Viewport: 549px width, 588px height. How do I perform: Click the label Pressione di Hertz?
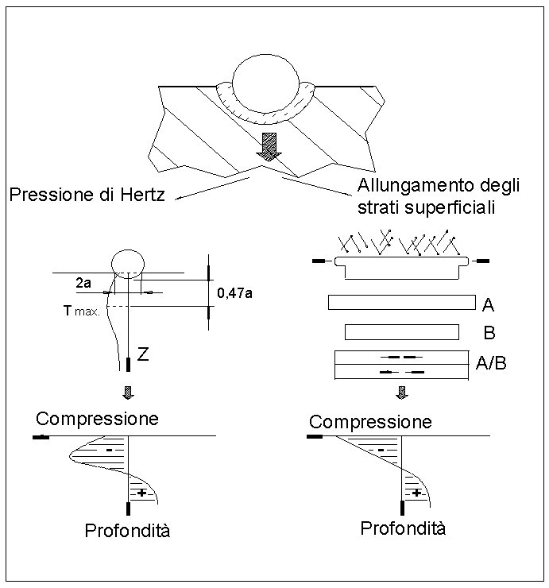coord(87,194)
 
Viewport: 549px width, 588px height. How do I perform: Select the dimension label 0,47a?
coord(235,292)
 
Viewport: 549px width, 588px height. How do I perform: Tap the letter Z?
coord(143,354)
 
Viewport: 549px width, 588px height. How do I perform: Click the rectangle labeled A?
coord(401,304)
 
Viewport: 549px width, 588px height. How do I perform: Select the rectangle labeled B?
coord(401,331)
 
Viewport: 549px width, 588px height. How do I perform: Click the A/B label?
coord(491,363)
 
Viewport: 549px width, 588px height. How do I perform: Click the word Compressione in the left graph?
coord(97,419)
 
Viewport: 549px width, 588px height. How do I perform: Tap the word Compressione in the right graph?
coord(370,421)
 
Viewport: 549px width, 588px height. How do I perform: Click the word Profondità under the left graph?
coord(128,531)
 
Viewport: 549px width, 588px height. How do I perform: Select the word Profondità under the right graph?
coord(403,528)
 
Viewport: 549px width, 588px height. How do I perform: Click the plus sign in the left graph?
coord(141,493)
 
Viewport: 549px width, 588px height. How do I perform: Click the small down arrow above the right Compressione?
coord(402,392)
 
